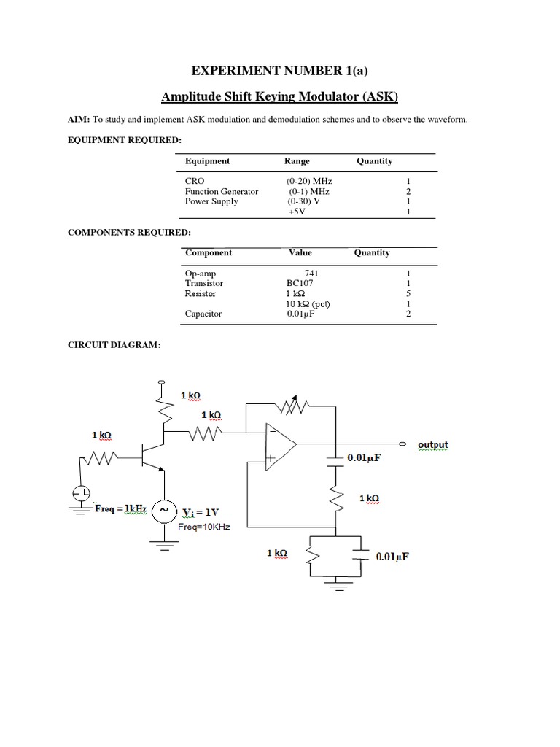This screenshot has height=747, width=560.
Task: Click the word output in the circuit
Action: click(x=433, y=445)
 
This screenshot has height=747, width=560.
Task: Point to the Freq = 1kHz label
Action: click(x=121, y=508)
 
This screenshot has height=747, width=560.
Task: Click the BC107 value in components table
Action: click(x=300, y=283)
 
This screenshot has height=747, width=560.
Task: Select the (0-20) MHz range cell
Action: click(x=310, y=181)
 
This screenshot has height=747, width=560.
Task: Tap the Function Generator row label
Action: click(x=222, y=191)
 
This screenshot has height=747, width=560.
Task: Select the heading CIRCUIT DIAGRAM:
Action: click(x=114, y=344)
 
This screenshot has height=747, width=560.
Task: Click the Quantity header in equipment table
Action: click(x=374, y=161)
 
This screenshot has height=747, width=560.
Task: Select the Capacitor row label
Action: click(x=203, y=314)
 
